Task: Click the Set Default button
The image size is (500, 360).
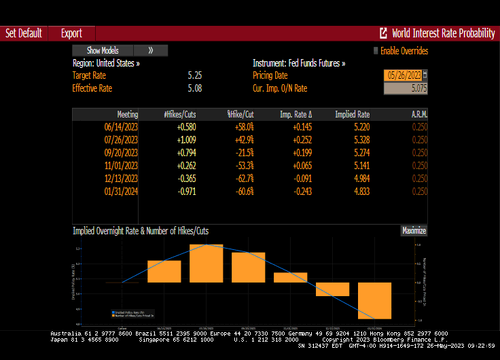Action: tap(24, 33)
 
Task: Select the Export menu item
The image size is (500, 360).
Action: tap(71, 33)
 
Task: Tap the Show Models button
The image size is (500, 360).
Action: tap(103, 50)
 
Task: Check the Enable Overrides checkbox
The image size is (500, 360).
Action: tap(375, 50)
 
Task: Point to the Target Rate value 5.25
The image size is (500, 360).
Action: tap(194, 75)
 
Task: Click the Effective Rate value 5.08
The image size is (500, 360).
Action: tap(194, 88)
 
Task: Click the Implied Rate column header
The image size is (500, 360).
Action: tap(352, 114)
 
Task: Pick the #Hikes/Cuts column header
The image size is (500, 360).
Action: tap(180, 114)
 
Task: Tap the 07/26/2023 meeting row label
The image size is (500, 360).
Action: tap(121, 140)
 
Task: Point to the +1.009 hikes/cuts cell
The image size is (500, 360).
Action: tap(186, 140)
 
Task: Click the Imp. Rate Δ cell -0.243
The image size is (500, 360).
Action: tap(302, 192)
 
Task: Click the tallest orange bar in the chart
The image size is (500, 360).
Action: tap(207, 263)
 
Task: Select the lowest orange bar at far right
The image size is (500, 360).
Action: tap(375, 300)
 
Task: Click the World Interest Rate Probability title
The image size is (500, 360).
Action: tap(443, 33)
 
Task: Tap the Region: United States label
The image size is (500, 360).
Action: tap(106, 63)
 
